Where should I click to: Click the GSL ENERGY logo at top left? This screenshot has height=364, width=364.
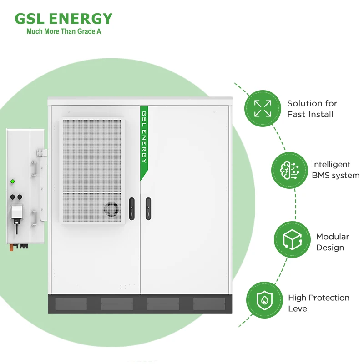pos(63,19)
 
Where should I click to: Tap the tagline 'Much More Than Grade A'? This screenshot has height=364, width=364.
pos(63,31)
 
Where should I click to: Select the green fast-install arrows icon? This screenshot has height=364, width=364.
pos(263,109)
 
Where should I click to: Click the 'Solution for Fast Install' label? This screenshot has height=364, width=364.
pos(312,109)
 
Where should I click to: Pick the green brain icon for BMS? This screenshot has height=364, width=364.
pos(290,170)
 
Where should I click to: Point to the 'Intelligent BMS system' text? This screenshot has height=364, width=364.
pos(335,170)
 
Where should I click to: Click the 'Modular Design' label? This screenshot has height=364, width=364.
pos(333,242)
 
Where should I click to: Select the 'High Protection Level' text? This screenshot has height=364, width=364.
pos(318,303)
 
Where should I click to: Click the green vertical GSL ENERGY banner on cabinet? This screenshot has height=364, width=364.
pos(144,141)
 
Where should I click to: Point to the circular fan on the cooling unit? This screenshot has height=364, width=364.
pos(111,209)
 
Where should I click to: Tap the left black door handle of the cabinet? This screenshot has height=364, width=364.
pos(131,208)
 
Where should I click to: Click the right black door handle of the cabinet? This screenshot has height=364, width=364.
pos(148,208)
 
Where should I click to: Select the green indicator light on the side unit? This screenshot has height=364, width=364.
pos(13,182)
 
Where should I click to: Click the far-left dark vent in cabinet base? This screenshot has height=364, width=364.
pos(71,304)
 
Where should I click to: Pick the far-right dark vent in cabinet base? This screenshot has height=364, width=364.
pos(209,304)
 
